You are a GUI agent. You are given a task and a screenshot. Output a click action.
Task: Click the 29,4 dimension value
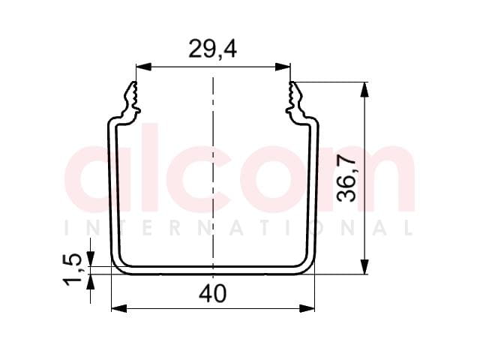point(212,49)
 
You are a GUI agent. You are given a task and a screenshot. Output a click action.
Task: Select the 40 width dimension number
point(213,293)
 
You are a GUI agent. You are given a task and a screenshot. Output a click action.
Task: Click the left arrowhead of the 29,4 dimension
point(143,67)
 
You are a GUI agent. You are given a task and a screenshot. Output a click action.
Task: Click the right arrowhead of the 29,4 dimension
point(283,67)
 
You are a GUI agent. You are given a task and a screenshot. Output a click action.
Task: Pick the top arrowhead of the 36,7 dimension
point(364,90)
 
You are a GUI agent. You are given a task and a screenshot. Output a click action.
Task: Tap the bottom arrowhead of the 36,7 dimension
point(364,266)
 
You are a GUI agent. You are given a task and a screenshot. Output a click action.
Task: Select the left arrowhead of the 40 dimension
point(119,308)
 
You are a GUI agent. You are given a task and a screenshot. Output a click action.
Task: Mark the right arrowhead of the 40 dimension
point(307,308)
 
